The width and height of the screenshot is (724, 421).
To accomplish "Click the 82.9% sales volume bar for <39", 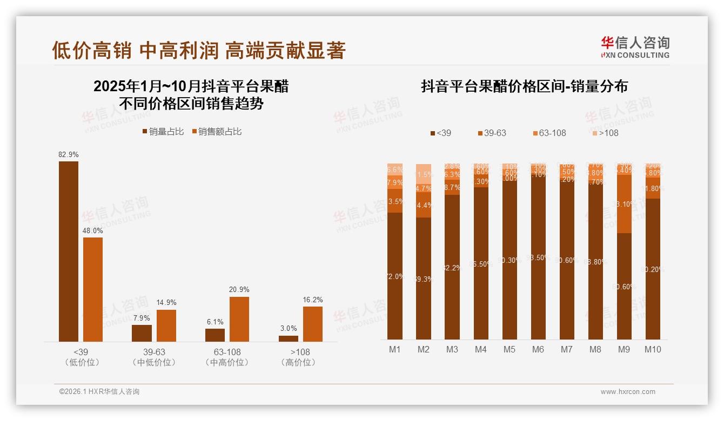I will [69, 251].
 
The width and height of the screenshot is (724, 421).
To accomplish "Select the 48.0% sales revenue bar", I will [93, 289].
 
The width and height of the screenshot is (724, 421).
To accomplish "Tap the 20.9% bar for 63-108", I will [239, 319].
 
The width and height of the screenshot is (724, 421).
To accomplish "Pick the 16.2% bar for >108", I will [312, 324].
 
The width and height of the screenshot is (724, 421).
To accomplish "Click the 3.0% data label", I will [289, 329].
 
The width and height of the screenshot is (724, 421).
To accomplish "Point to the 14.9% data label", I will [166, 303].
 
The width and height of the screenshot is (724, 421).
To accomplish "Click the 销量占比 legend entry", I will [163, 132].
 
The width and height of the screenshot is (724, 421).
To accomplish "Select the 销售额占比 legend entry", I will [216, 132].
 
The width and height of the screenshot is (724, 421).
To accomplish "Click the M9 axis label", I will [624, 349].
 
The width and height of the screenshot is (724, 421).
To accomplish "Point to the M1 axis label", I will [395, 349].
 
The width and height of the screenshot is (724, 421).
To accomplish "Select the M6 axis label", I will [538, 349].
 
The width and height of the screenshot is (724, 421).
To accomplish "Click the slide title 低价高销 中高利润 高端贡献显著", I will [199, 51].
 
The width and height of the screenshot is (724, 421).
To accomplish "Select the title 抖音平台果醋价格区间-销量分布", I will [524, 87].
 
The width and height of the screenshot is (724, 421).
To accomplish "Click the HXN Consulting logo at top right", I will [635, 47].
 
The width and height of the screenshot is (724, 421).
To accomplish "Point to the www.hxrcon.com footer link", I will [628, 392].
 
